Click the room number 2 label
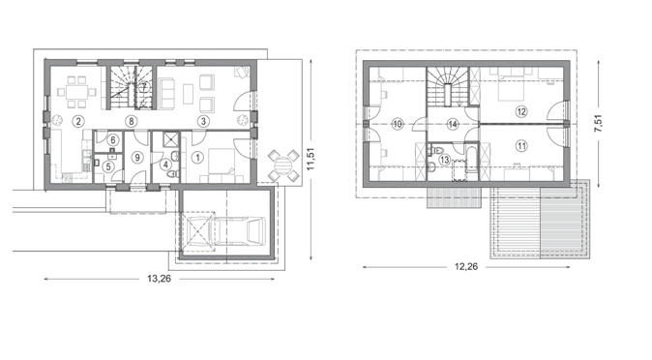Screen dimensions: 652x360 tap(77, 121)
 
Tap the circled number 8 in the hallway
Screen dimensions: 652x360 tap(132, 121)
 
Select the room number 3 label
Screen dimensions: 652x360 tap(203, 121)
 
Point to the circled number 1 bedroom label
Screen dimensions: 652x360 tap(197, 158)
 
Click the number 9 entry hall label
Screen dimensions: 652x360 tap(137, 158)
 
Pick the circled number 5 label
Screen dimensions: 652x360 tap(108, 166)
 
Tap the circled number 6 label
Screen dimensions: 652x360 tap(113, 140)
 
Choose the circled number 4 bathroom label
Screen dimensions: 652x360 tap(165, 165)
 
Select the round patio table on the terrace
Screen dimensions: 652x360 tap(283, 165)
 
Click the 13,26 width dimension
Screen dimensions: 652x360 tap(159, 279)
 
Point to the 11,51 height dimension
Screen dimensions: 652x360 tap(311, 159)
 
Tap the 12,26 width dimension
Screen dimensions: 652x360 tap(466, 266)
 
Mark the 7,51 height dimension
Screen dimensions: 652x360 tap(598, 123)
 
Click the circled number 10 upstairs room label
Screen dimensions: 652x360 tap(398, 124)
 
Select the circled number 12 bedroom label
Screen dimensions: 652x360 tap(521, 111)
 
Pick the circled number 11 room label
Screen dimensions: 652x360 tap(521, 146)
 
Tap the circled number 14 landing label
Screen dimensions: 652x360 tap(453, 124)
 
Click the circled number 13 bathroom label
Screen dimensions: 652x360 tap(445, 160)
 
